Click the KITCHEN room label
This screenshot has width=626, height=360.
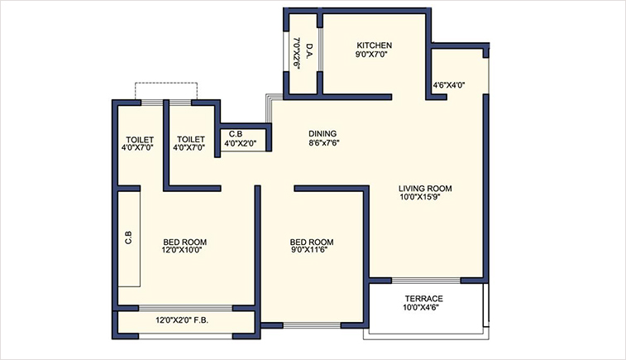point(374,45)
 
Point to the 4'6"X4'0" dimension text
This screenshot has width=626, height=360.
point(449,84)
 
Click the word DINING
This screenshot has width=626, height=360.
point(323,133)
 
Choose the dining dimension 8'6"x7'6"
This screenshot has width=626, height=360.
point(323,142)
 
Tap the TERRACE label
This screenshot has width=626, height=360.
point(423,299)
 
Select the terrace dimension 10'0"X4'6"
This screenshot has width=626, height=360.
point(423,309)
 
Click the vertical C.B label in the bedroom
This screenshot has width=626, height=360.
point(129,235)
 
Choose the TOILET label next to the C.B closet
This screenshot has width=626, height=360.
point(190,139)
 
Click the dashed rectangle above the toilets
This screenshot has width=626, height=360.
point(167,90)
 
